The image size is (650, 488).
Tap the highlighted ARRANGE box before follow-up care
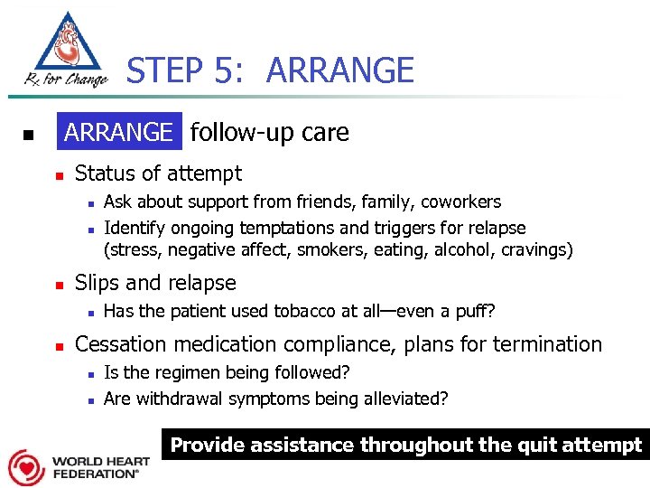[118, 133]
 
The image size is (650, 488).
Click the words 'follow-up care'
[269, 133]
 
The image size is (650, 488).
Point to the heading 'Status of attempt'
[158, 174]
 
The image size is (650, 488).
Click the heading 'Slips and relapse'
[155, 283]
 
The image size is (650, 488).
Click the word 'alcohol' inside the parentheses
[470, 249]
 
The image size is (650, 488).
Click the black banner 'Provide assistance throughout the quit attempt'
[406, 445]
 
